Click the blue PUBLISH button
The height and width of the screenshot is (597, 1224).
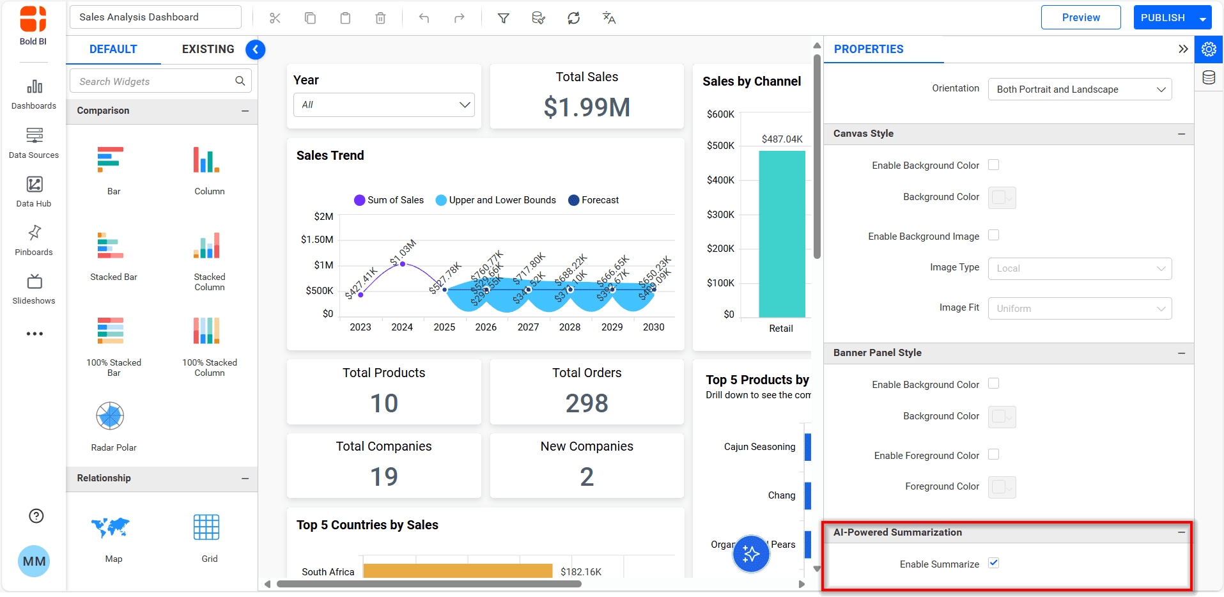tap(1162, 18)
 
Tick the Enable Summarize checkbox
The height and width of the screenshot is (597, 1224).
tap(993, 563)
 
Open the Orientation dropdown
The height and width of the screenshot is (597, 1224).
tap(1080, 89)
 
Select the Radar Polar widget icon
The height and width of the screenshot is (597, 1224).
tap(110, 416)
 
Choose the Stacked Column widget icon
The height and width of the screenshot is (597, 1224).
tap(206, 245)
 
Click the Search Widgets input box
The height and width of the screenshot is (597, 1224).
tap(153, 81)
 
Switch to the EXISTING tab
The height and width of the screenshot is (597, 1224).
tap(208, 49)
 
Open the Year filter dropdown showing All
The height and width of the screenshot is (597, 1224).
tap(383, 105)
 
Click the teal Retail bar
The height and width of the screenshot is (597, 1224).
tap(781, 233)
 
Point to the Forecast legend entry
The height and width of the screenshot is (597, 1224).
tap(593, 200)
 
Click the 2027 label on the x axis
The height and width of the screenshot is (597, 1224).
tap(528, 327)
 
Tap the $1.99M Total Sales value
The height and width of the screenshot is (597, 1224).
tap(587, 107)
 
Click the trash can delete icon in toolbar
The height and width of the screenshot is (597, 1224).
tap(380, 18)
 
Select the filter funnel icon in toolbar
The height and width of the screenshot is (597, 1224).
tap(504, 18)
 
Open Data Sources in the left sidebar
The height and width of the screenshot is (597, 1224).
tap(34, 143)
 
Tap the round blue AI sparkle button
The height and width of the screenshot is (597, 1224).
tap(750, 554)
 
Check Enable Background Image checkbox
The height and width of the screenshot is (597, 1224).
tap(993, 235)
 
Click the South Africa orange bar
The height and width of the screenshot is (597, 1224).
tap(457, 571)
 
